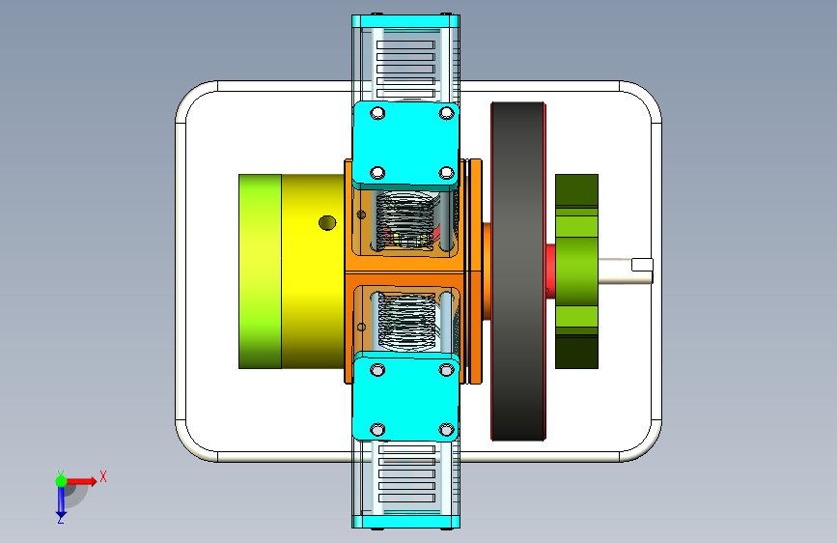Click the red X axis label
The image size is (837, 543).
pos(103,476)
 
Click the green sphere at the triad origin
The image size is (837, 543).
pos(62,481)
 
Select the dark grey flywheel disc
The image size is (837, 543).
pos(517,271)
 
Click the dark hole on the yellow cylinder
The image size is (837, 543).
pos(327,223)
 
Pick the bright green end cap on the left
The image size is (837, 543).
pos(260,271)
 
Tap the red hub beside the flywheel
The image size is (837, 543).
pos(550,271)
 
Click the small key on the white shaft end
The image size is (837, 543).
pos(642,265)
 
